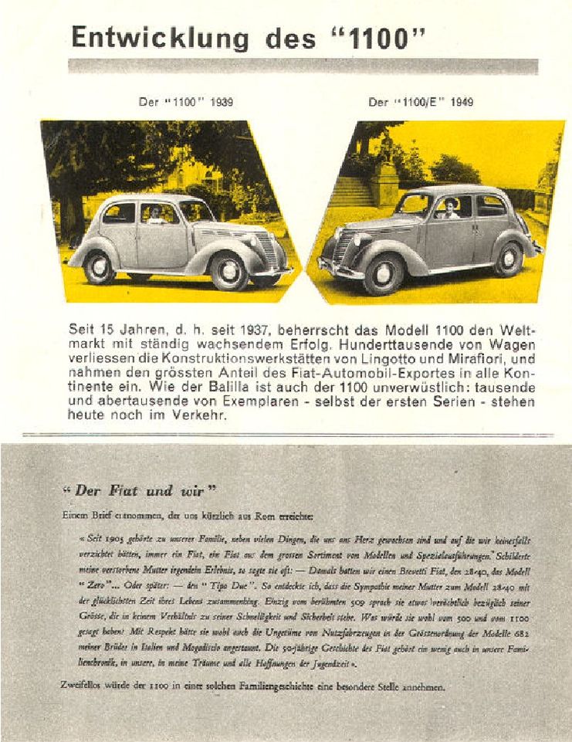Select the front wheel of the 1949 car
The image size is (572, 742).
(x=384, y=275)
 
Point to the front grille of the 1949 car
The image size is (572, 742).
(x=341, y=245)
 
